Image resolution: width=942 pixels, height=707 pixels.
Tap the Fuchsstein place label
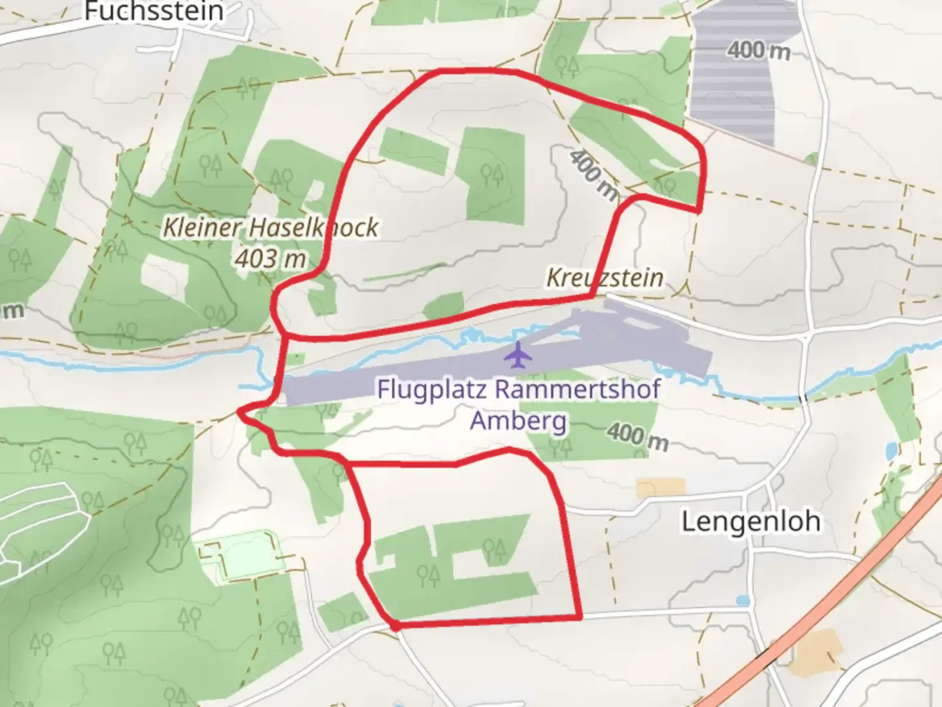[154, 11]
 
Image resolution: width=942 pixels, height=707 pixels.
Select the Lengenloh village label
[750, 522]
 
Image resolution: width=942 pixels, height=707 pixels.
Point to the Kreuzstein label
[604, 278]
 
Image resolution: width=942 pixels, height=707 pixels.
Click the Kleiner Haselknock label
[270, 227]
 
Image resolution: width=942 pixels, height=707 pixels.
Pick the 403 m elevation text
[270, 259]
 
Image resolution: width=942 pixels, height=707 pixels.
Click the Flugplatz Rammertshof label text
[518, 389]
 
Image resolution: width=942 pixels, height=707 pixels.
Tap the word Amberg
[518, 420]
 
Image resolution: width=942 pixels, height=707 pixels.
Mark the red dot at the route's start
[395, 626]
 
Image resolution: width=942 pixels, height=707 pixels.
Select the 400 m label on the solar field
[759, 50]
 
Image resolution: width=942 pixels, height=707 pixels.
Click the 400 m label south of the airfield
[637, 436]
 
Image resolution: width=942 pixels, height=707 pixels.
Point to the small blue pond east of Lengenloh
[890, 450]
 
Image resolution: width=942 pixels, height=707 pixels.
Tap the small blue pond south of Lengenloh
[742, 600]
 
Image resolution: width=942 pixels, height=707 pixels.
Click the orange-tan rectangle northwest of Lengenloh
[661, 488]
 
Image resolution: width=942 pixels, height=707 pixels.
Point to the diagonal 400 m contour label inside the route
[593, 174]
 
